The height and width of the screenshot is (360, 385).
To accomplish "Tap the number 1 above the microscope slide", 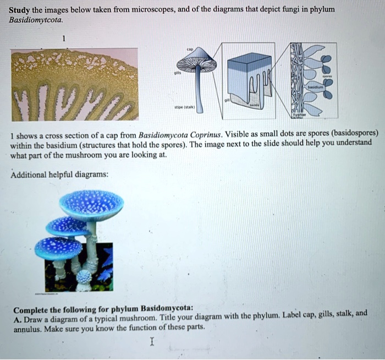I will click(63, 39).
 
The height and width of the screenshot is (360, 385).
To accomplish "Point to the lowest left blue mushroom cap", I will click(58, 248).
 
